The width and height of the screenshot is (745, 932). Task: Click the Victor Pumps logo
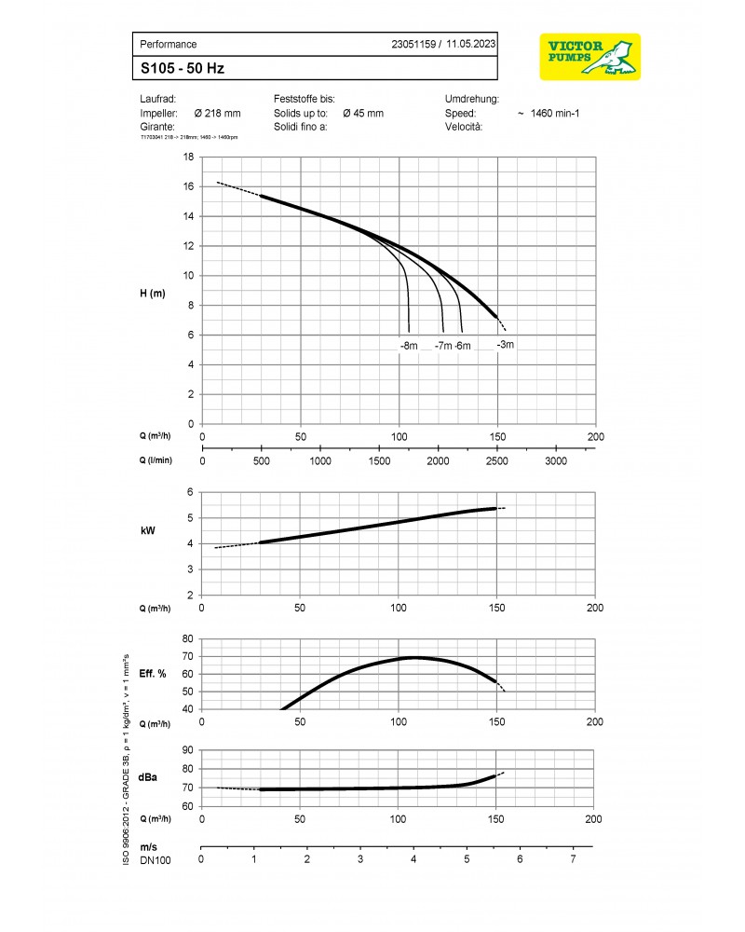[589, 57]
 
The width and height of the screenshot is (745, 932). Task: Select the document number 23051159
[415, 44]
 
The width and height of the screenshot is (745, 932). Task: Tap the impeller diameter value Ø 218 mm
[217, 113]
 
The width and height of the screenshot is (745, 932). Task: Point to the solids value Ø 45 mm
[363, 113]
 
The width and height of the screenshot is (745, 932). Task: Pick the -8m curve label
[409, 346]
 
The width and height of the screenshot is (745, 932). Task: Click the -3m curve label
[505, 345]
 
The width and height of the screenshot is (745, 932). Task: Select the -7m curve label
[443, 346]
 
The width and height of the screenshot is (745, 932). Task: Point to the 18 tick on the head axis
[188, 158]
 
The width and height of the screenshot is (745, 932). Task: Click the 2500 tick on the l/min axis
[497, 460]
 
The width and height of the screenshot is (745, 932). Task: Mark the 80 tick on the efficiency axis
[188, 639]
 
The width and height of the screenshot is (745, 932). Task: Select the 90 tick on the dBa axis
[188, 750]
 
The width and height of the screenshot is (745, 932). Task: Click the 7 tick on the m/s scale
[573, 857]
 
